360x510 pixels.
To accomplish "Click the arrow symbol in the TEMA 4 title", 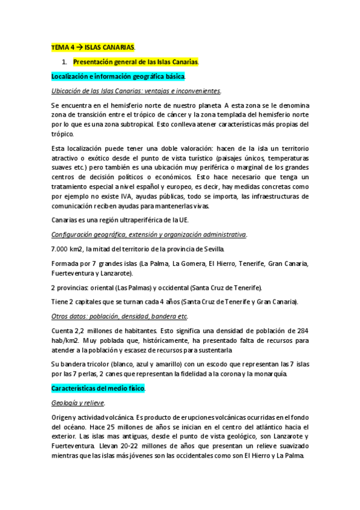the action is click(78, 47).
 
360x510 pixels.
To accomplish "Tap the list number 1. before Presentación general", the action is click(65, 62).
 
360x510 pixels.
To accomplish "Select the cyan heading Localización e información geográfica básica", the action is click(118, 77).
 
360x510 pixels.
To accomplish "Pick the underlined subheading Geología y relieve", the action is click(79, 403).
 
